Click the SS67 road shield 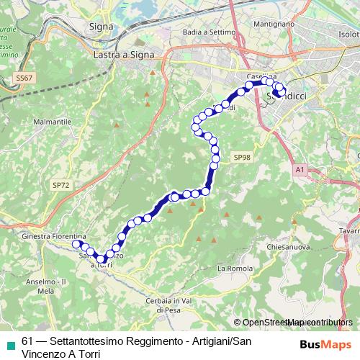(x=24, y=78)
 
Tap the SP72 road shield (x=61, y=185)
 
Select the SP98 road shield (x=241, y=156)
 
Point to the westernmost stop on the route (x=76, y=244)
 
